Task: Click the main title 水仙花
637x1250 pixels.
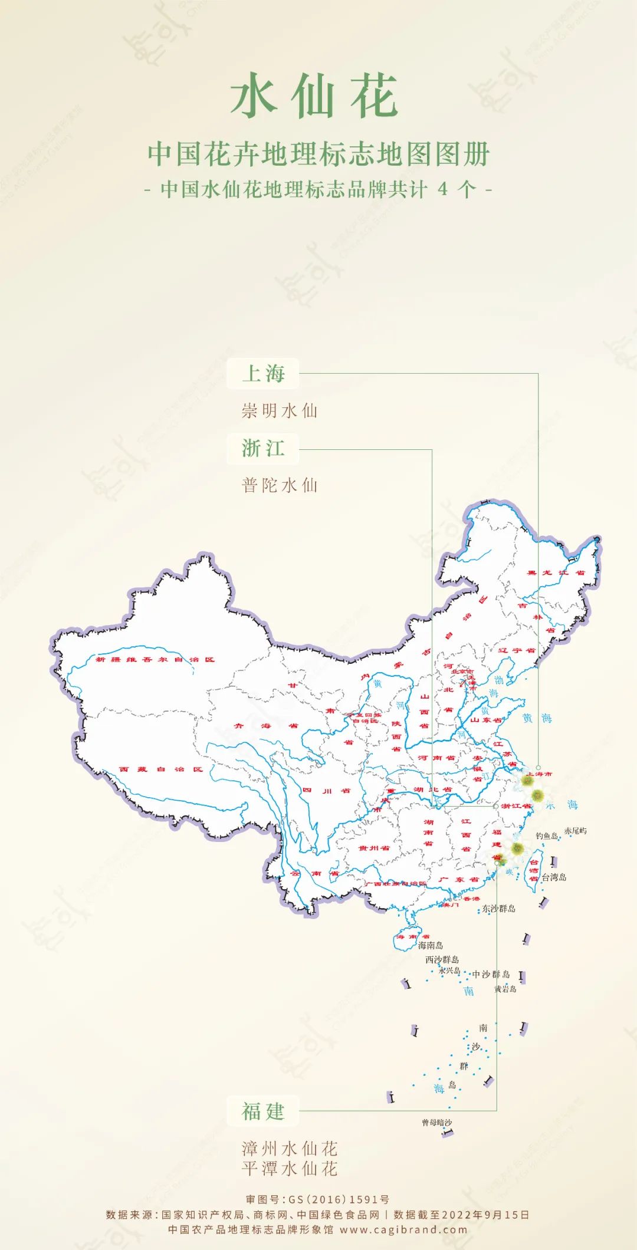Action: pos(314,96)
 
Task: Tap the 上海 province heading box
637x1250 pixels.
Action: pos(263,374)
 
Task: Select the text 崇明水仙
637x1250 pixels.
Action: pos(280,410)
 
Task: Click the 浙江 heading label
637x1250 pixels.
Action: pos(263,449)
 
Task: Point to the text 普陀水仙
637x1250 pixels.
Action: pos(280,485)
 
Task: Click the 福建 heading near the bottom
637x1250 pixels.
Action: pos(263,1111)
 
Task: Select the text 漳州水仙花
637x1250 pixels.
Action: pos(290,1149)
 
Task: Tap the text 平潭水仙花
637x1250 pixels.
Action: pos(290,1168)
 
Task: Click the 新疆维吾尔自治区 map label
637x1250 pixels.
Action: pos(155,659)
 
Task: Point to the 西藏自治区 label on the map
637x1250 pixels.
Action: pos(160,769)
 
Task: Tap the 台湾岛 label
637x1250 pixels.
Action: pos(554,877)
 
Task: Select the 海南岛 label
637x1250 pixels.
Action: pos(431,945)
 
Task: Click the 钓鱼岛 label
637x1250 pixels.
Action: pos(547,835)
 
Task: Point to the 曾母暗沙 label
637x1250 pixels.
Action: pos(436,1123)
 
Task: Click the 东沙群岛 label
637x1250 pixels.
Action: pos(499,909)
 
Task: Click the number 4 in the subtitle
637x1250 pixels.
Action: pos(443,189)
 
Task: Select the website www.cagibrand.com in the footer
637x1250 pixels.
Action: pos(403,1230)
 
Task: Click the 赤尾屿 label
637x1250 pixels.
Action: pos(575,831)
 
